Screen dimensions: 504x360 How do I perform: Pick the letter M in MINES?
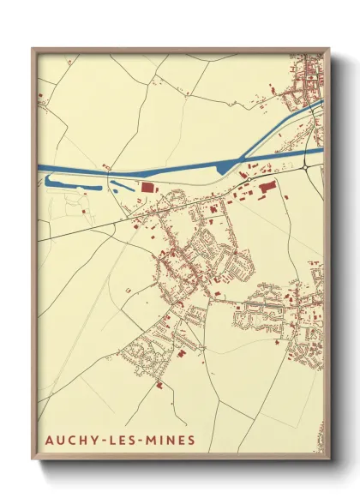155,441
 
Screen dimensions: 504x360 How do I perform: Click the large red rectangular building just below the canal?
147,187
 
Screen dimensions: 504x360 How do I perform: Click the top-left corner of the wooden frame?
33,49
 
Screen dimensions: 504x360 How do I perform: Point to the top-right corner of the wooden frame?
329,49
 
